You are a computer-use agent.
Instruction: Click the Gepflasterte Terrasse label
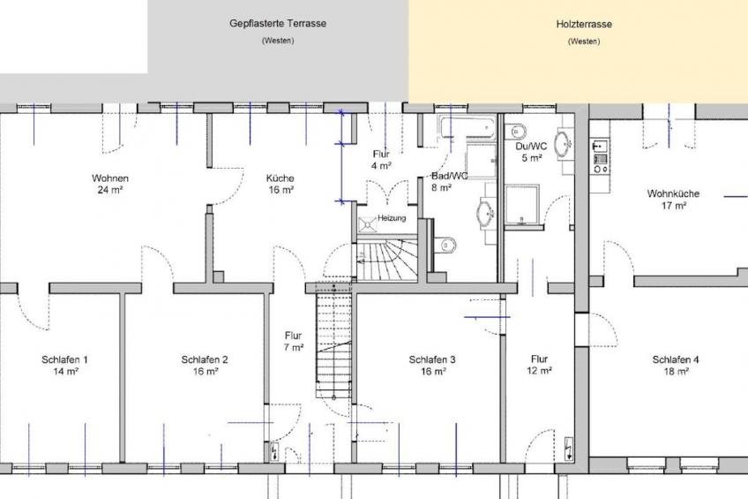coord(278,23)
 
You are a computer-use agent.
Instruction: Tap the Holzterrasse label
coord(584,24)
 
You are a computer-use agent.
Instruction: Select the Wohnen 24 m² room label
coord(110,184)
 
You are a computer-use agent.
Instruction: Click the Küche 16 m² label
coord(280,184)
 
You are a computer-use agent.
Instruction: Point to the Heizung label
coord(392,218)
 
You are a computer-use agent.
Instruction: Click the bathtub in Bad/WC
coord(469,127)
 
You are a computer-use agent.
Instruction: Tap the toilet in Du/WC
coord(516,131)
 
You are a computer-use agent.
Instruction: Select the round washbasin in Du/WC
coord(564,142)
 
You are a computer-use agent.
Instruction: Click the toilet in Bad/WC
coord(445,245)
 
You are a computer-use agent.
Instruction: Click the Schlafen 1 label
coord(64,366)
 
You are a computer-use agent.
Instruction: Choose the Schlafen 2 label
coord(205,366)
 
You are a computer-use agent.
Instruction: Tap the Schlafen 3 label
coord(432,366)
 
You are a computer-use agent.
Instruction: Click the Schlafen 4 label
coord(676,366)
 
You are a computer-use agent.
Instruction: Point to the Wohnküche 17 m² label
coord(674,200)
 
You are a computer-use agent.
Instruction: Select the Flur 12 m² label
coord(540,365)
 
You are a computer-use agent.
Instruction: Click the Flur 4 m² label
coord(382,160)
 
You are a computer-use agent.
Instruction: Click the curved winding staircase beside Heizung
coord(386,261)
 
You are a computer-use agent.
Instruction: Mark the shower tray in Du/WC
coord(522,204)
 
